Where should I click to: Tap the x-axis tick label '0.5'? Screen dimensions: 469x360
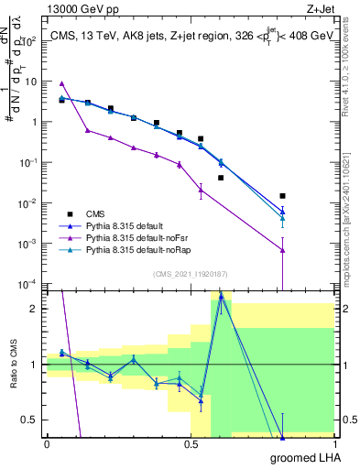point(191,443)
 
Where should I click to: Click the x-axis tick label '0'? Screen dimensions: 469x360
point(47,443)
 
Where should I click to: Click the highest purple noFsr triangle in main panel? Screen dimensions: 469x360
point(61,83)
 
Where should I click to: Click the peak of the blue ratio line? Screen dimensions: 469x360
point(221,297)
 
